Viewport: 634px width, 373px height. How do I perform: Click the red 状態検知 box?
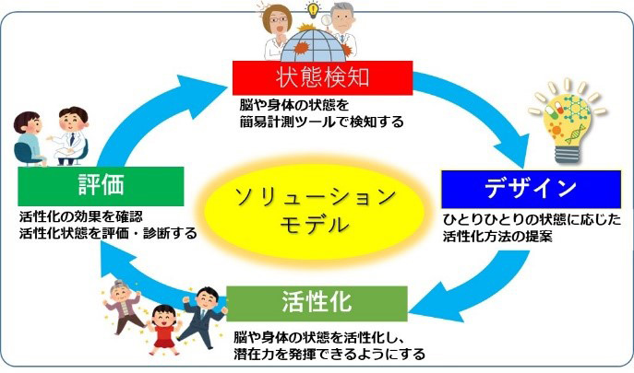[322, 78]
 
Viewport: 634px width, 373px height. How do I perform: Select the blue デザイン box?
[531, 189]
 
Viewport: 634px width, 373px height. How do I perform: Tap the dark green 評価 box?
[101, 186]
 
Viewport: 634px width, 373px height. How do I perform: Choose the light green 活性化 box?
[317, 304]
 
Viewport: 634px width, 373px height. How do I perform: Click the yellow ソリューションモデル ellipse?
[315, 210]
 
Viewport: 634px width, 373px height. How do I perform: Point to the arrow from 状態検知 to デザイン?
[485, 109]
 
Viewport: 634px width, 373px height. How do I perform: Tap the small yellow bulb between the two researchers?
[312, 10]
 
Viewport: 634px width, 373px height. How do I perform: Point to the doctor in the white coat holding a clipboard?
[71, 135]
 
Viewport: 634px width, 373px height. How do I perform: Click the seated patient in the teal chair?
[30, 138]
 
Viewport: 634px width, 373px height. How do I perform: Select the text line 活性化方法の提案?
[497, 236]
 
